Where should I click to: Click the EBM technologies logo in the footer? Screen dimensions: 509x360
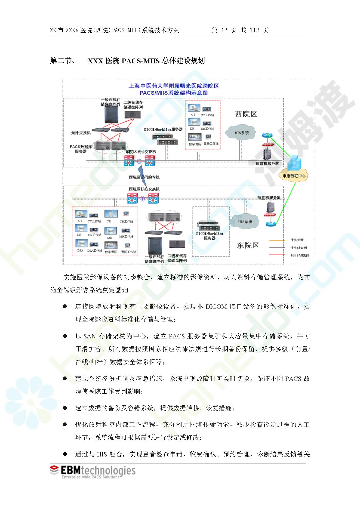[x=93, y=471]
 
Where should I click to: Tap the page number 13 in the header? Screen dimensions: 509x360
[x=224, y=30]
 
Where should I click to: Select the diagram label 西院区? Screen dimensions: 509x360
[x=246, y=114]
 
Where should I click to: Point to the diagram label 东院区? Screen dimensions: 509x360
[x=248, y=245]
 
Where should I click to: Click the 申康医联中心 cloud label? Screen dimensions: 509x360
[x=294, y=176]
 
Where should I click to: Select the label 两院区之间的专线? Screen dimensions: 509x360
[x=144, y=177]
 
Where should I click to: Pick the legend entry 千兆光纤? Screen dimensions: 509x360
[x=297, y=240]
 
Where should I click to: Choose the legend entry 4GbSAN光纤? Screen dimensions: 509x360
[x=300, y=255]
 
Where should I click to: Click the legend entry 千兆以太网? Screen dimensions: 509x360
[x=299, y=248]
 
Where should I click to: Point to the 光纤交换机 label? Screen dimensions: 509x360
[x=81, y=133]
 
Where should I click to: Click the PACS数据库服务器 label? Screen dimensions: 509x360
[x=81, y=149]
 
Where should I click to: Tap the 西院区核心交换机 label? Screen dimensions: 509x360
[x=144, y=189]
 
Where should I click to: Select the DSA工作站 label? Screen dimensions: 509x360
[x=95, y=251]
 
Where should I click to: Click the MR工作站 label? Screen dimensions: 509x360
[x=126, y=236]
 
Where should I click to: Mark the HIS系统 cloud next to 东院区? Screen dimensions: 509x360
[x=245, y=222]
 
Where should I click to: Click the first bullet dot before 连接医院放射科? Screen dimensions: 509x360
[x=65, y=306]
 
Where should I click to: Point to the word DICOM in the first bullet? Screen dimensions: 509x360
[x=216, y=307]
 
